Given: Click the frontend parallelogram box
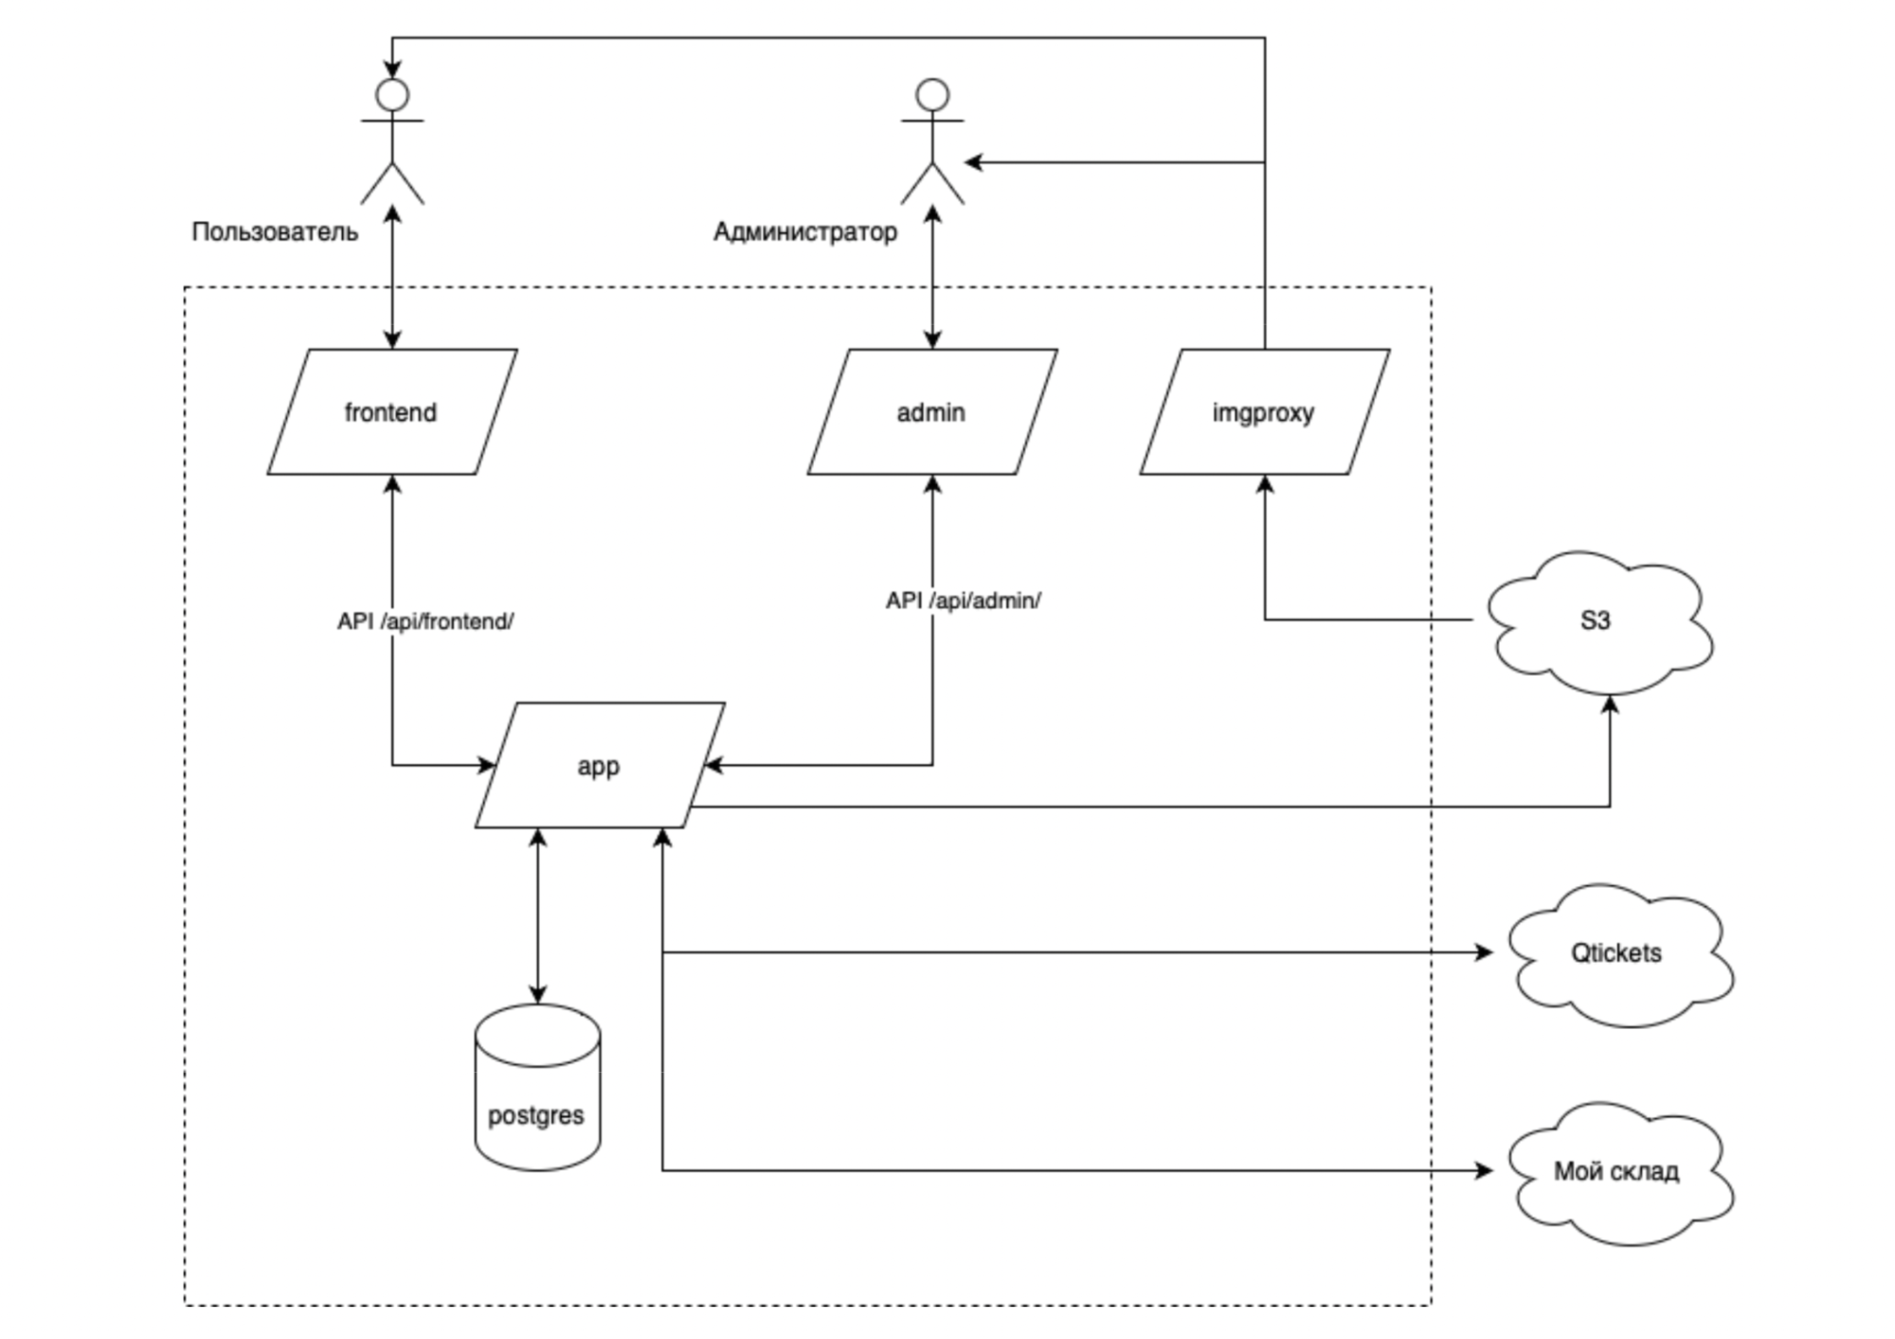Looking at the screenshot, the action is [x=392, y=411].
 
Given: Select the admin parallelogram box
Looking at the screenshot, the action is [x=932, y=411].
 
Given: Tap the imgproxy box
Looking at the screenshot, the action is [x=1265, y=411].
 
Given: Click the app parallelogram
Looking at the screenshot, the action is [x=600, y=765].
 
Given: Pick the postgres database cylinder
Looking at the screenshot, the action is [x=537, y=1087].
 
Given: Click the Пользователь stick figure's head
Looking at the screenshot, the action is [x=392, y=95].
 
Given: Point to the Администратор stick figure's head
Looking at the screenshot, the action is [x=932, y=95].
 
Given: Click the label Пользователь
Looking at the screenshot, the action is [x=275, y=232].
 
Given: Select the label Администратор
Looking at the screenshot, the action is [x=805, y=232].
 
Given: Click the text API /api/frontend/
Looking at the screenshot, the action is [x=425, y=622].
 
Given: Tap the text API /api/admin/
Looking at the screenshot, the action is [x=964, y=601].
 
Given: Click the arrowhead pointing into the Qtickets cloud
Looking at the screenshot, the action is [x=1485, y=952].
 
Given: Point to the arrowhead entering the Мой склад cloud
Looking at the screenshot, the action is [x=1485, y=1170].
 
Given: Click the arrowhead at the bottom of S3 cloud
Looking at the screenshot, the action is [x=1610, y=706].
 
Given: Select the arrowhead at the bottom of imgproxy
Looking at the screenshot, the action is [x=1265, y=485].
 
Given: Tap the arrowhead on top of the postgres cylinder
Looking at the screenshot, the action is [x=538, y=993].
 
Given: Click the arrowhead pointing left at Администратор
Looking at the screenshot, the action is [x=974, y=162].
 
